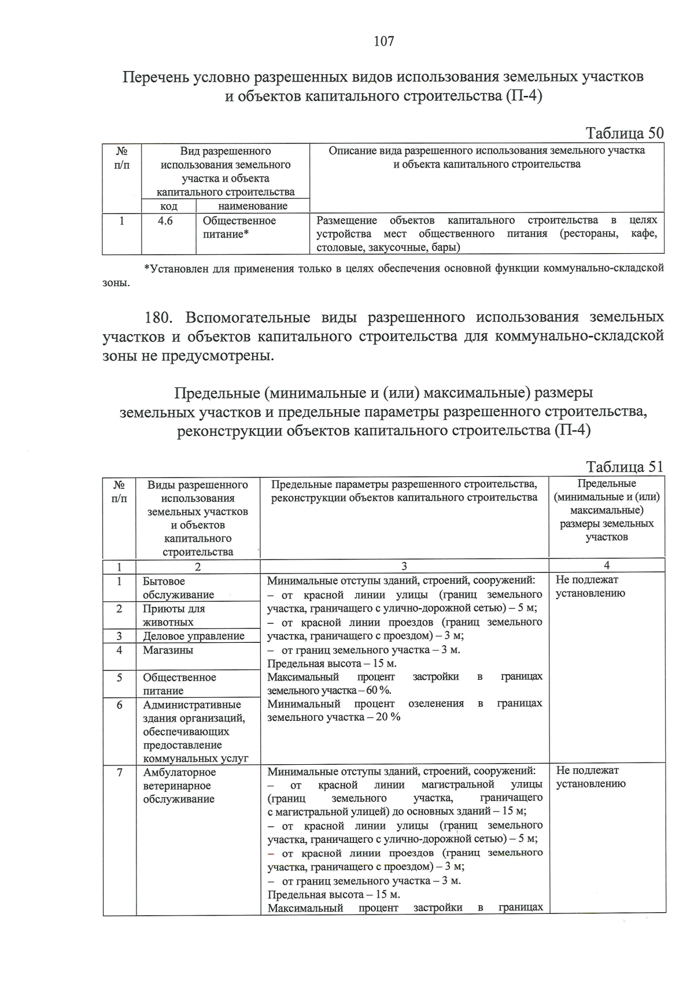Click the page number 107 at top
click(x=384, y=41)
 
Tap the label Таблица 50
click(x=625, y=134)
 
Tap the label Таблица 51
click(x=625, y=467)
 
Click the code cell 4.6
click(x=165, y=221)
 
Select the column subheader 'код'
click(x=168, y=206)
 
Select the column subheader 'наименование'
click(x=253, y=206)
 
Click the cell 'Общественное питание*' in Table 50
click(x=239, y=227)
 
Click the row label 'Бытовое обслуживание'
click(x=178, y=588)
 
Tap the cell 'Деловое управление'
click(x=194, y=636)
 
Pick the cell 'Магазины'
click(x=168, y=650)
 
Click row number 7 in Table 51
click(x=120, y=772)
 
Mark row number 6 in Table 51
click(x=120, y=705)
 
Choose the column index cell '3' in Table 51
click(x=404, y=565)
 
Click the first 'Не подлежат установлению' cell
click(x=590, y=586)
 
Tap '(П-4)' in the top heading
click(x=523, y=96)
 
